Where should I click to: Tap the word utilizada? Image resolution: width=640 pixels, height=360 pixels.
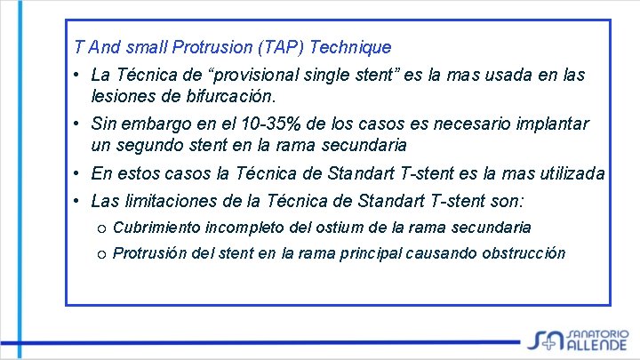coord(570,172)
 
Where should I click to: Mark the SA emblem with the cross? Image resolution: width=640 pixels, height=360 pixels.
coord(545,337)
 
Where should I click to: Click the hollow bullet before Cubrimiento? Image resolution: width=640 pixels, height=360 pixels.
coord(100,228)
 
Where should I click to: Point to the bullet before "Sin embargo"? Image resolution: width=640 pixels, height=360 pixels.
coord(79,124)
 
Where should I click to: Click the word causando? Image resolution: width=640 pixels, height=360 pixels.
coord(440,253)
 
